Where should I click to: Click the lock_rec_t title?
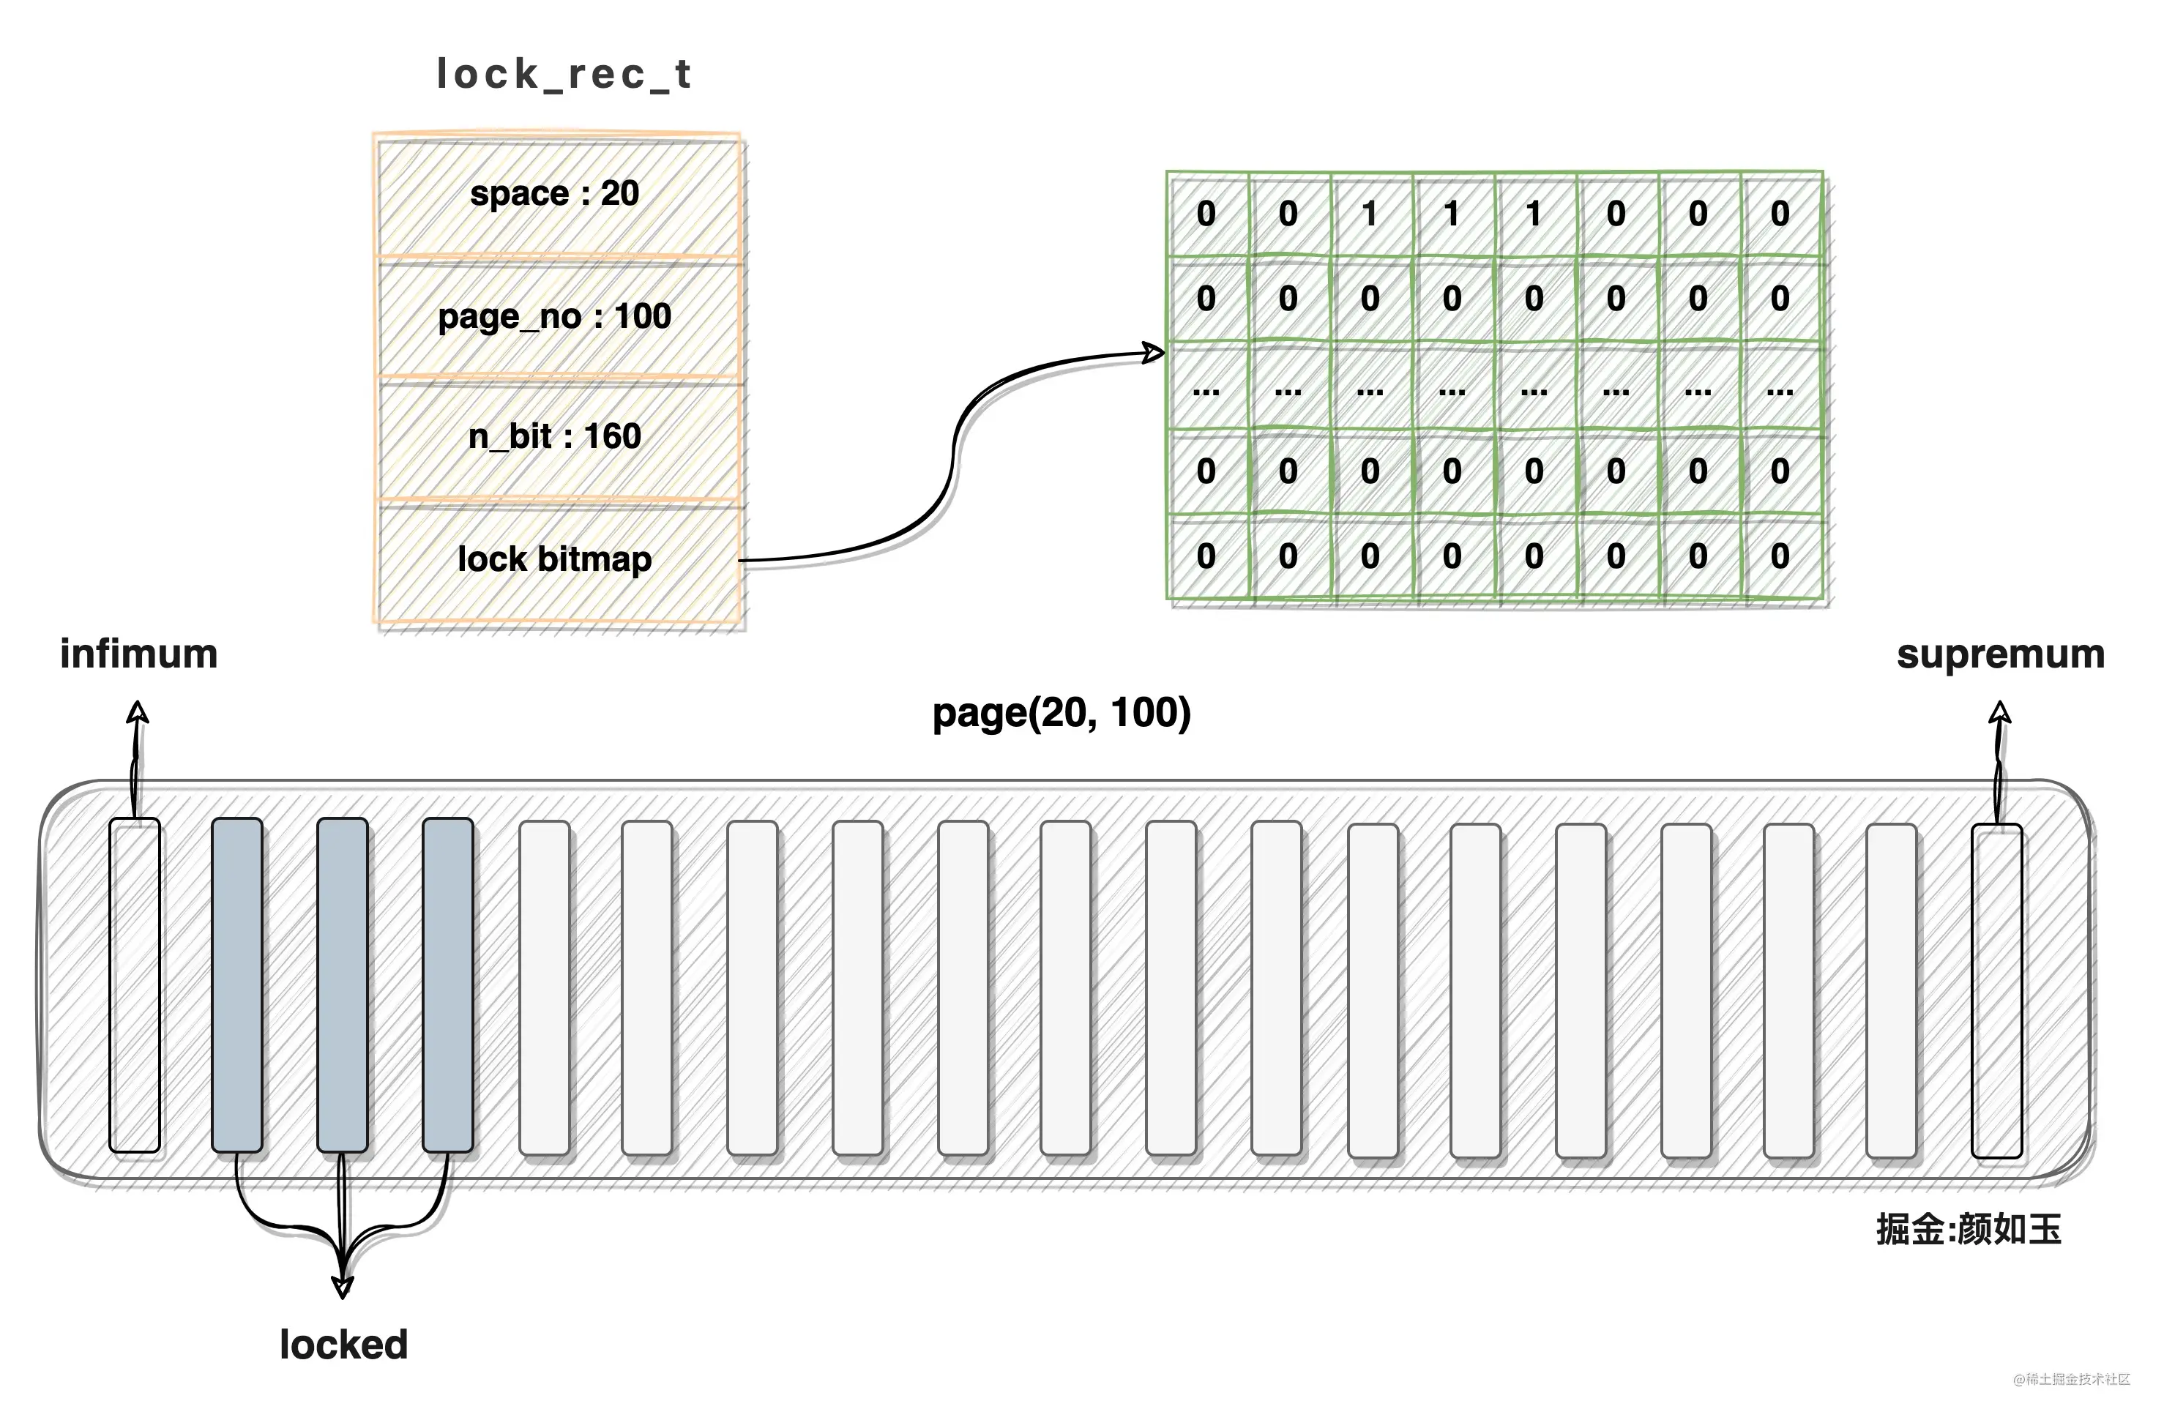pos(564,75)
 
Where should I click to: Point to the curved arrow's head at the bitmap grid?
pos(1154,353)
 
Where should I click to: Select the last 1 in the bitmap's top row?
pos(1534,214)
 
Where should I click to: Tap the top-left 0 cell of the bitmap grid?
pos(1206,214)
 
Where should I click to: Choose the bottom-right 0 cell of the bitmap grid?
pos(1780,556)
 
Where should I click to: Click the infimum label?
pos(139,654)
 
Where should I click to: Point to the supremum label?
pos(2000,654)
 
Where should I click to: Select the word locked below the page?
pos(343,1345)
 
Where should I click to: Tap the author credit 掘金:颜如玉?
pos(1969,1229)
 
